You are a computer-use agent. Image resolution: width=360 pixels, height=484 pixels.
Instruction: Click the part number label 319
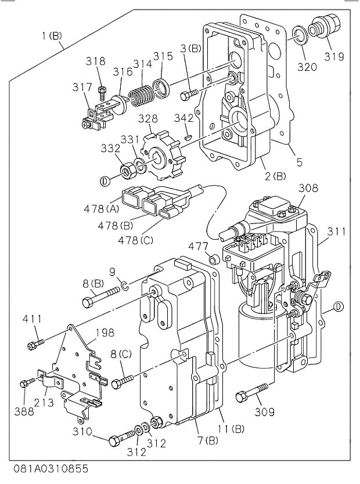coord(334,57)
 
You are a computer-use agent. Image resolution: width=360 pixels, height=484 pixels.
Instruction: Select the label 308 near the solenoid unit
coord(308,188)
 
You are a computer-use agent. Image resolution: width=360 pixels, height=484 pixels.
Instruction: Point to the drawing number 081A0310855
coord(49,468)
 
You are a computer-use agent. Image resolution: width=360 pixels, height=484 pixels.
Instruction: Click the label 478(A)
coord(106,207)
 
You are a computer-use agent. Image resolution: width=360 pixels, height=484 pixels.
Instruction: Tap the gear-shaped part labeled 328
coord(163,156)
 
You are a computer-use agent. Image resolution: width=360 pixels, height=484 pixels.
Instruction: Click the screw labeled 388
coord(26,384)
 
